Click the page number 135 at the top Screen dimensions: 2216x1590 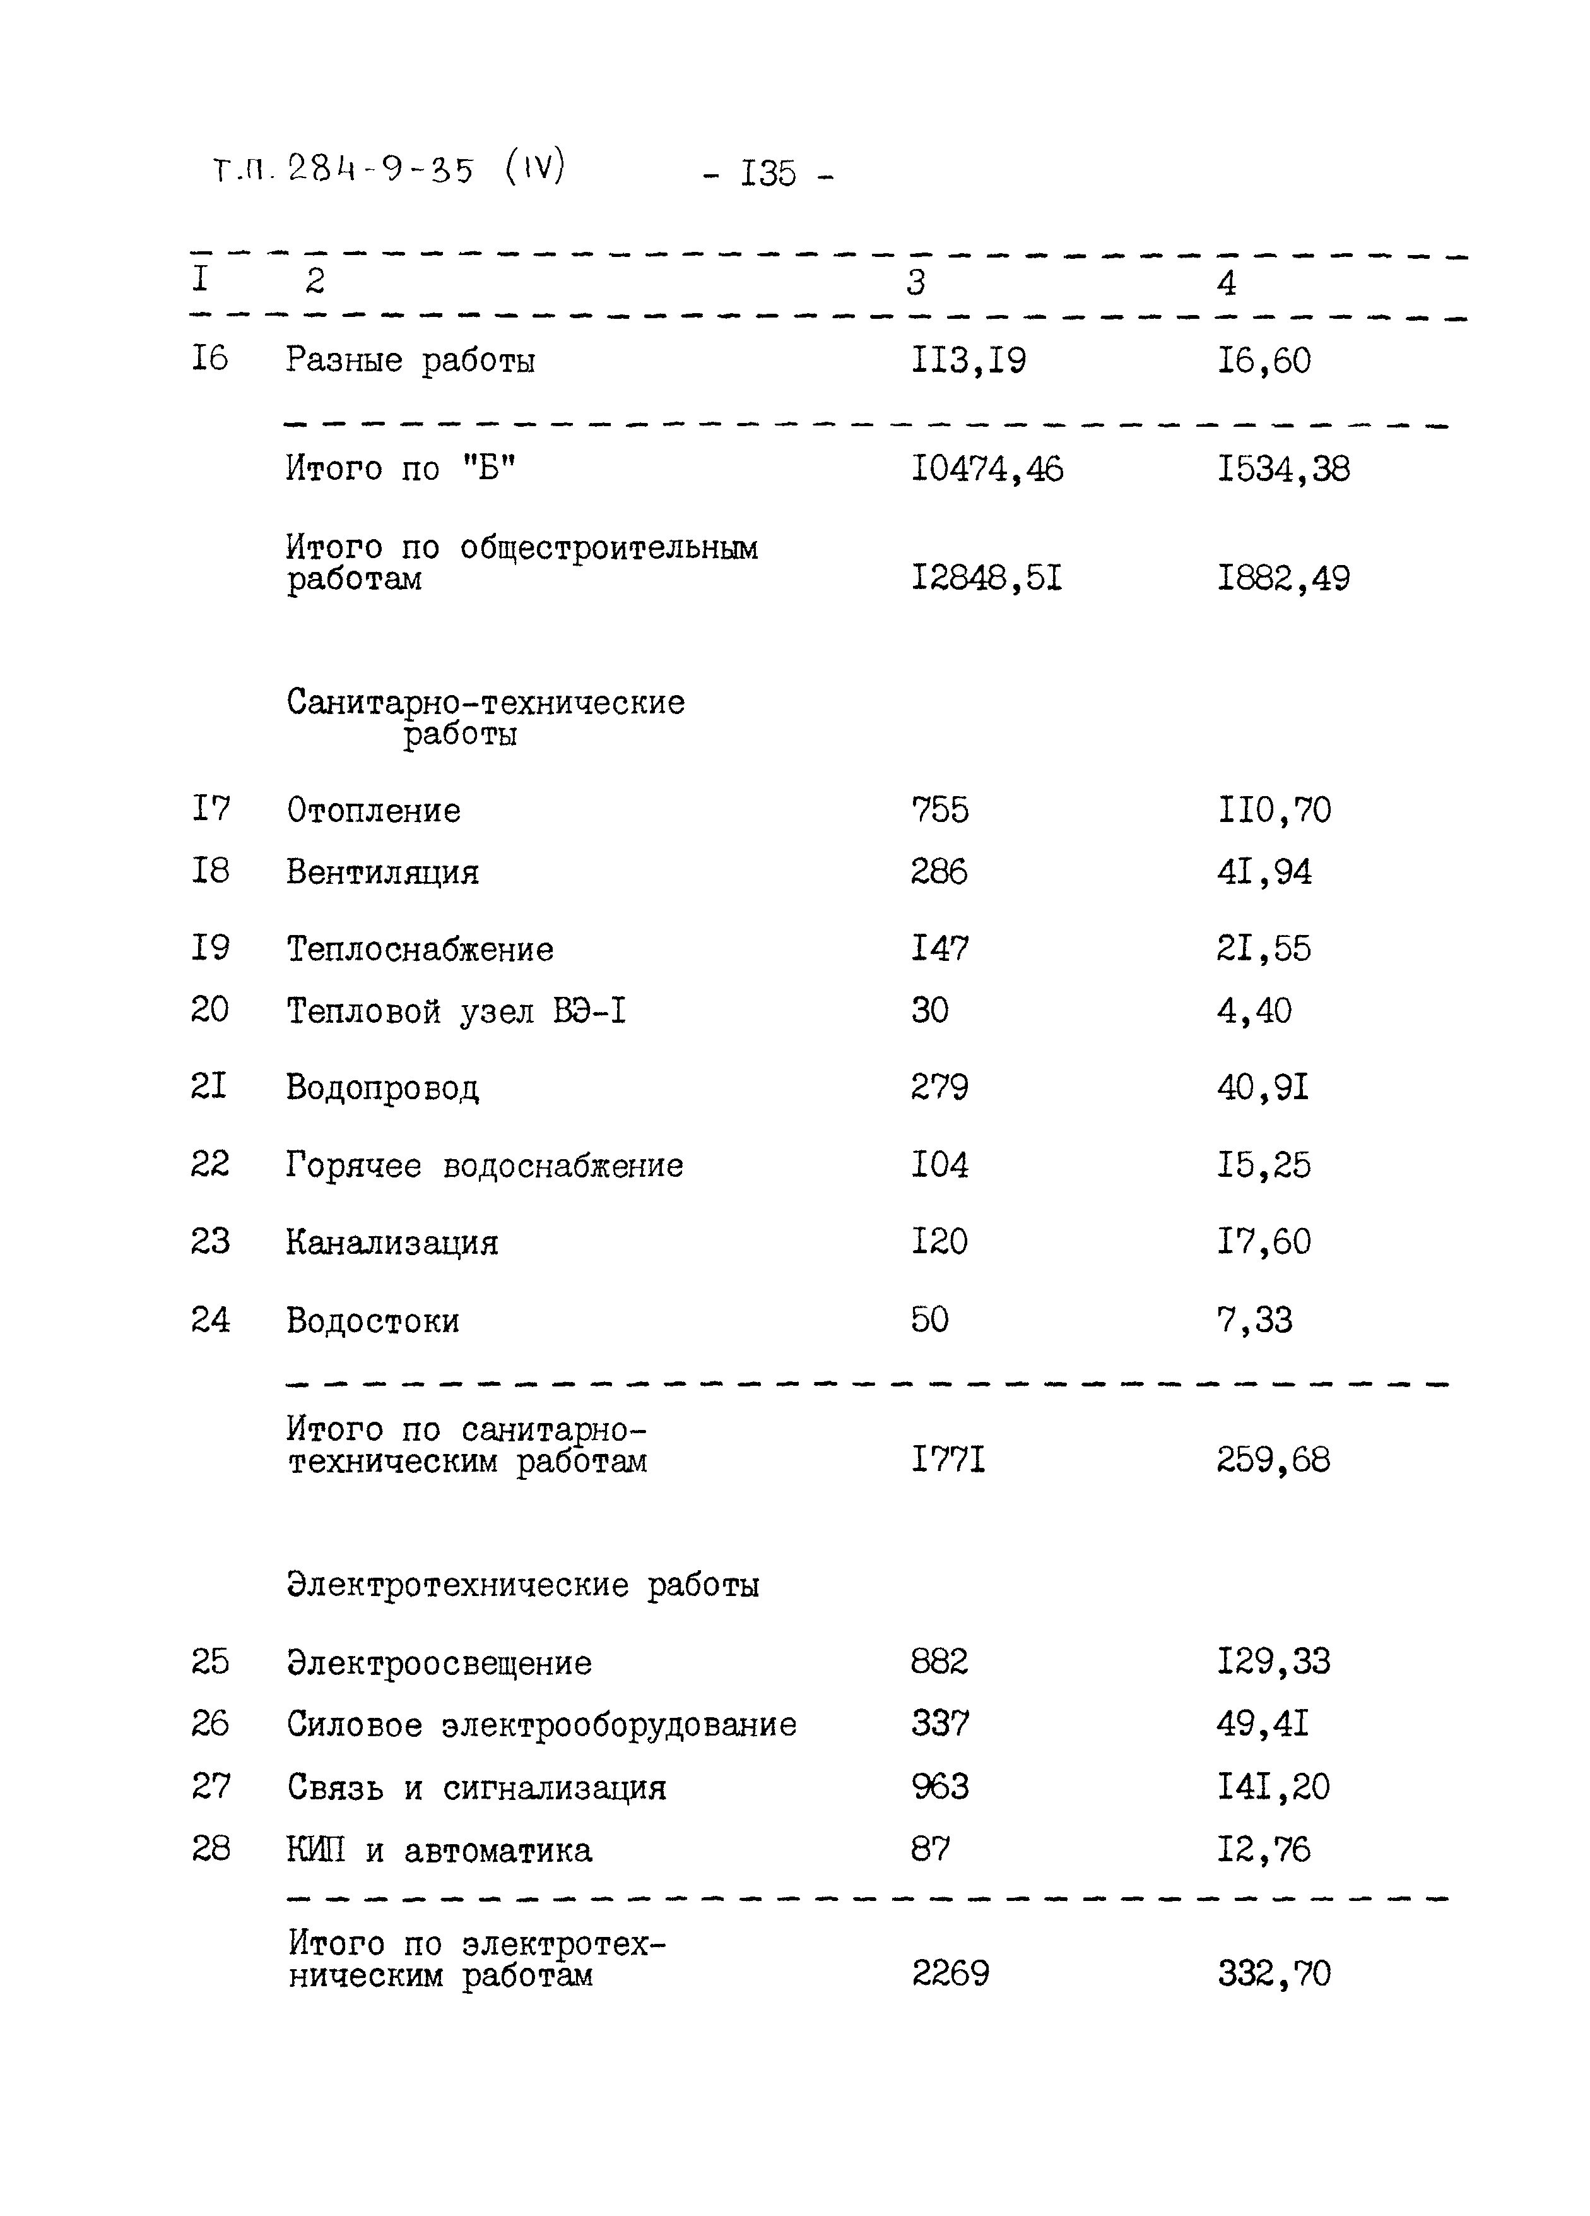click(768, 174)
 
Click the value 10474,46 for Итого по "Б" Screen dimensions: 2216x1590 click(986, 470)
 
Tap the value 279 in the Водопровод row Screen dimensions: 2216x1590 click(939, 1087)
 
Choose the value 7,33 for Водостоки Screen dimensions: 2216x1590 click(1254, 1321)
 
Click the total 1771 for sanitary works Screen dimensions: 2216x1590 click(947, 1461)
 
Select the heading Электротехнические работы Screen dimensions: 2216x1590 click(522, 1585)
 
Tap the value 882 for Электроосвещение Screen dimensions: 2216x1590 click(939, 1662)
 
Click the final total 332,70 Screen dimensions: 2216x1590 click(1273, 1974)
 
